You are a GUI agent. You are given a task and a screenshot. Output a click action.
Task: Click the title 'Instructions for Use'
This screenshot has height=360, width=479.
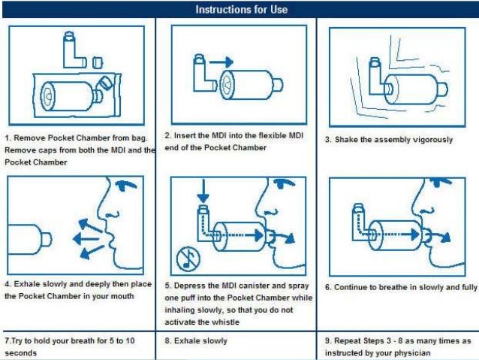coord(241,10)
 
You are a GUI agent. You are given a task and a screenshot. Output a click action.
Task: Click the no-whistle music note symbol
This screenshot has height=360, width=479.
coord(188,259)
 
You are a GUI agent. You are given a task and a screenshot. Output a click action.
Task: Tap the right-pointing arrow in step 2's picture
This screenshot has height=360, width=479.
coord(221,62)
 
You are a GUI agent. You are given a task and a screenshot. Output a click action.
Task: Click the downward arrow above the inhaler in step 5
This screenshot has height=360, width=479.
coord(203,191)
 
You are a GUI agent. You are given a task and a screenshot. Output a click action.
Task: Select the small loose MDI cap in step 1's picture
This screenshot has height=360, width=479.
coord(98,62)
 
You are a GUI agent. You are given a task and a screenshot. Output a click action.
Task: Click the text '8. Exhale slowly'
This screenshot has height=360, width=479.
coord(196,340)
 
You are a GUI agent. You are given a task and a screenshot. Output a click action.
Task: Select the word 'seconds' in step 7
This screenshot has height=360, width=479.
coord(20,353)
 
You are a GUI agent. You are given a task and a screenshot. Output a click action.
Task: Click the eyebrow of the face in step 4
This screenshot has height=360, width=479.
coord(126,184)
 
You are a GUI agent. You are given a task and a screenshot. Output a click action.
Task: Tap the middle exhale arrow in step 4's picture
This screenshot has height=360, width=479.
coord(86,238)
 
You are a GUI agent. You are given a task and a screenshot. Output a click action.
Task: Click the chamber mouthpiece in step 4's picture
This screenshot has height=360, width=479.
coord(46,240)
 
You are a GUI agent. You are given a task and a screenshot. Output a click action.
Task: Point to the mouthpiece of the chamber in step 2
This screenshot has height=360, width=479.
coord(277,85)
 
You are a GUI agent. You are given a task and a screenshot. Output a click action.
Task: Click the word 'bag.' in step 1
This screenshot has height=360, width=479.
coord(140,138)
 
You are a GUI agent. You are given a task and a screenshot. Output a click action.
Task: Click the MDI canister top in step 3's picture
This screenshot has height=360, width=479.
coord(375,61)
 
